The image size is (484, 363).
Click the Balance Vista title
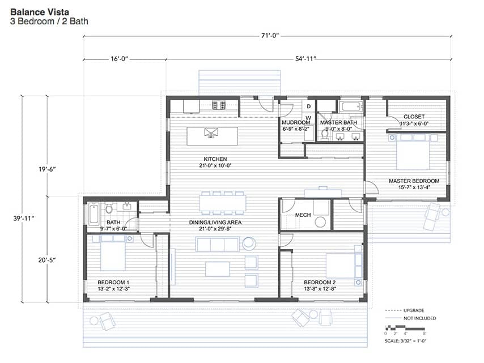pyautogui.click(x=40, y=12)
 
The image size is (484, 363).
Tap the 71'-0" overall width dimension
pyautogui.click(x=270, y=36)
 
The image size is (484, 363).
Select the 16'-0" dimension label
pyautogui.click(x=120, y=58)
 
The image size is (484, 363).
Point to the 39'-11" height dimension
pyautogui.click(x=24, y=219)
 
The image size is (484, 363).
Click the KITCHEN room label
pyautogui.click(x=215, y=159)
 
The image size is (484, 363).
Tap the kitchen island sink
pyautogui.click(x=211, y=133)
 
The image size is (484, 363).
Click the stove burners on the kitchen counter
pyautogui.click(x=219, y=105)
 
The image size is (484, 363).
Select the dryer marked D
pyautogui.click(x=309, y=106)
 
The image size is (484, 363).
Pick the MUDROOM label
pyautogui.click(x=296, y=122)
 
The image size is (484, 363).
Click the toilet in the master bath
pyautogui.click(x=325, y=135)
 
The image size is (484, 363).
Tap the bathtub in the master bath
pyautogui.click(x=351, y=106)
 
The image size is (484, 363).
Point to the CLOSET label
pyautogui.click(x=414, y=117)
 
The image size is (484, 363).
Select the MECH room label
pyautogui.click(x=303, y=215)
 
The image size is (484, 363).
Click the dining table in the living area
pyautogui.click(x=222, y=203)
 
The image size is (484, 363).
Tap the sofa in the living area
pyautogui.click(x=217, y=244)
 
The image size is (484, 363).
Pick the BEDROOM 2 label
pyautogui.click(x=320, y=282)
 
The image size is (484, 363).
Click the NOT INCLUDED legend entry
pyautogui.click(x=420, y=318)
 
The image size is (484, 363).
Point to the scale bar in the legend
pyautogui.click(x=405, y=326)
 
